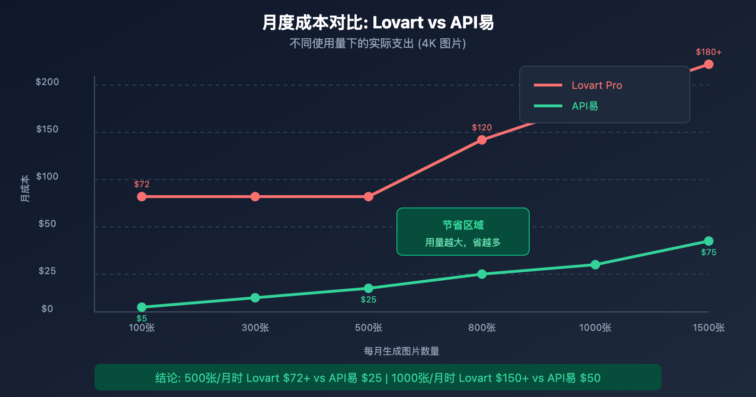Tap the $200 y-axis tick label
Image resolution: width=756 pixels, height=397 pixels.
tap(47, 82)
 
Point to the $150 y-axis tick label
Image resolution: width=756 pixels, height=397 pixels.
tap(47, 129)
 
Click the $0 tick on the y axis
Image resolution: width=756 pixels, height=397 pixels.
tap(47, 309)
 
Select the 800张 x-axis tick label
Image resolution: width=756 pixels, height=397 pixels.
tap(482, 328)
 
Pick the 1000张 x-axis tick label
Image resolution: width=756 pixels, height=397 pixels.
tap(595, 328)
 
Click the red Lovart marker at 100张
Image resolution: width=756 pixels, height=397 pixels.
tap(142, 197)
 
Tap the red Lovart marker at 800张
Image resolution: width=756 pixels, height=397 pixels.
tap(482, 140)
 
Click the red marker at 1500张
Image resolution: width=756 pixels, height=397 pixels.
tap(709, 64)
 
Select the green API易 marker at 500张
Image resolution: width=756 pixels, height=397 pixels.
tap(369, 288)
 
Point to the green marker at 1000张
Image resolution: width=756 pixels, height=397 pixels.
tap(595, 265)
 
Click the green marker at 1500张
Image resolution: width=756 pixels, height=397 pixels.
tap(709, 241)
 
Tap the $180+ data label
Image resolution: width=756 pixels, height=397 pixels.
tap(709, 52)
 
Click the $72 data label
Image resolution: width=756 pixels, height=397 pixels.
tap(142, 184)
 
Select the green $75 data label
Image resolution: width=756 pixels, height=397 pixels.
tap(709, 252)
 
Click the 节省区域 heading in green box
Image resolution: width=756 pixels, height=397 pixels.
tap(463, 225)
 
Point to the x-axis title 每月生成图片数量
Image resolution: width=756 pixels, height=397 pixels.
tap(402, 351)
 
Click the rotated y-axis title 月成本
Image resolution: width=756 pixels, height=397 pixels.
tap(25, 188)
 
